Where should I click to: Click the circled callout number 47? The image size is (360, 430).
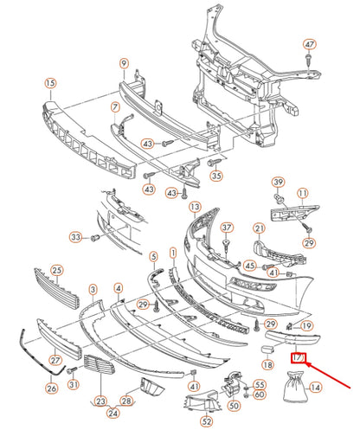310,45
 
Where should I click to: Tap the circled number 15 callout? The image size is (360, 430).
50,83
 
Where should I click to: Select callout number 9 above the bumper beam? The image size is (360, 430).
124,63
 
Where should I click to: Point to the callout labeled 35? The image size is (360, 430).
216,176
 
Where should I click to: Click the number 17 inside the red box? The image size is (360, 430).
298,357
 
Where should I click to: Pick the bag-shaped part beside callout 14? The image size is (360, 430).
293,387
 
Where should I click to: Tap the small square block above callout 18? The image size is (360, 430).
267,350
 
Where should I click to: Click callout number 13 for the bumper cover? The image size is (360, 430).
195,207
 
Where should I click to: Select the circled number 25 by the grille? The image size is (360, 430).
57,271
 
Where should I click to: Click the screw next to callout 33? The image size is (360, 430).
95,238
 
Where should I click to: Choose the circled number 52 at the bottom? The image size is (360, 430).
207,421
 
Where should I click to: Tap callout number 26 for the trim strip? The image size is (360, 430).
52,388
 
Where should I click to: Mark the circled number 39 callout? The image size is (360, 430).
279,183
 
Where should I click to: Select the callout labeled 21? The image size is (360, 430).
260,228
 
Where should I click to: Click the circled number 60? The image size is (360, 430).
260,395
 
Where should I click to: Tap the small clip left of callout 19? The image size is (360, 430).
289,326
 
